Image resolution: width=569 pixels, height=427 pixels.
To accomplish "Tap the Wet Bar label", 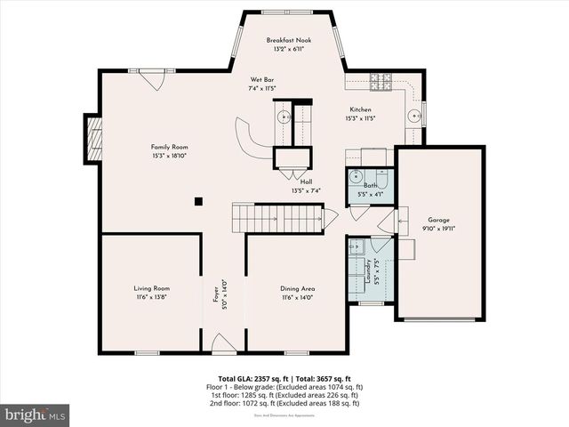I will pyautogui.click(x=260, y=80).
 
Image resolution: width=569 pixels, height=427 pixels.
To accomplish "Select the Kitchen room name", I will pyautogui.click(x=359, y=109).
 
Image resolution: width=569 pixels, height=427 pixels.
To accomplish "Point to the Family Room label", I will pyautogui.click(x=168, y=147).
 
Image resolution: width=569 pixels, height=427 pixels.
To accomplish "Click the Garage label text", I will pyautogui.click(x=438, y=220).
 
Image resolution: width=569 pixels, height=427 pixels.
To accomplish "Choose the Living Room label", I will pyautogui.click(x=152, y=288).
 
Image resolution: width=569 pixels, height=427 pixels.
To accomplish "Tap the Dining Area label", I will pyautogui.click(x=297, y=288).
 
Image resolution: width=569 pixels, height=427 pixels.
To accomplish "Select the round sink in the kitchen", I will pyautogui.click(x=413, y=115).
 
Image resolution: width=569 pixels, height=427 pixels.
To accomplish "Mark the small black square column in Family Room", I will pyautogui.click(x=199, y=201).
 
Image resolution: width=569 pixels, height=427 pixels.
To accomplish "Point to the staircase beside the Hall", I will pyautogui.click(x=276, y=216).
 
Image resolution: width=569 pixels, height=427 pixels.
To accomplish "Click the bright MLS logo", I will pyautogui.click(x=36, y=415).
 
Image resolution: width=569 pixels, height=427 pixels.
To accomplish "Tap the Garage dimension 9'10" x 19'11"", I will pyautogui.click(x=438, y=228).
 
